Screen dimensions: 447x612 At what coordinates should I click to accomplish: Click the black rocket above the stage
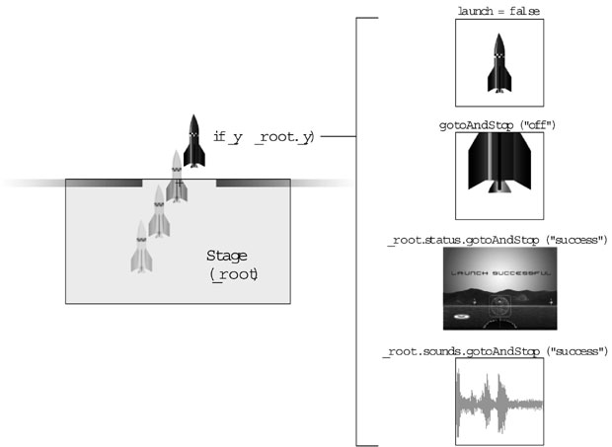(193, 141)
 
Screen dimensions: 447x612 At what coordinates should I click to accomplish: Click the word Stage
(227, 257)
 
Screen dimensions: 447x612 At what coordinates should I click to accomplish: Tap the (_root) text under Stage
(234, 276)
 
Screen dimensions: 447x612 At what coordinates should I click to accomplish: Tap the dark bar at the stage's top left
(104, 184)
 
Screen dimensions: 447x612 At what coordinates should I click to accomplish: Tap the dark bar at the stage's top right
(253, 184)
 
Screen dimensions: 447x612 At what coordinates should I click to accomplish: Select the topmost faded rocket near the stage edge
(176, 178)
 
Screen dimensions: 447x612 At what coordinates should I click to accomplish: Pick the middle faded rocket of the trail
(156, 210)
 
